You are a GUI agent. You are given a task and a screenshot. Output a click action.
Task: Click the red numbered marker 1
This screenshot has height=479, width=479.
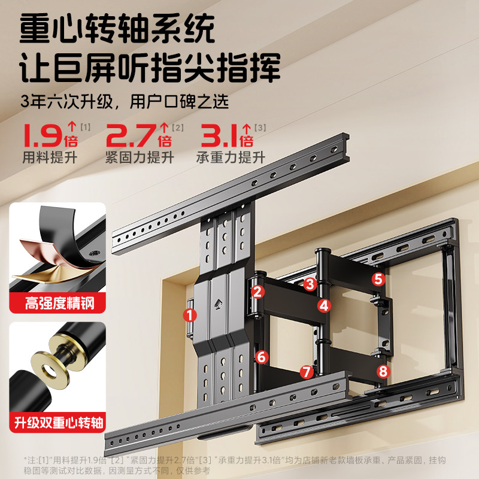click(x=190, y=315)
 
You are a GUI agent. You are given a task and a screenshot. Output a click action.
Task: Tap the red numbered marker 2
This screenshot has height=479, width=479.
click(x=257, y=292)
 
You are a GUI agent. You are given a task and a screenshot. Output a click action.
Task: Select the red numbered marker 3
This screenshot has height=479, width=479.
click(x=310, y=284)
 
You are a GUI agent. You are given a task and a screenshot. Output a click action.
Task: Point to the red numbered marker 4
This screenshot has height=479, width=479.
click(x=324, y=305)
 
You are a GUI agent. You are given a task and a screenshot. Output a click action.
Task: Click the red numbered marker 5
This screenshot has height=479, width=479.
click(x=378, y=279)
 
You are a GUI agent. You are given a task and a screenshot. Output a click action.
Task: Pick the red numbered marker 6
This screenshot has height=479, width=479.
click(x=262, y=357)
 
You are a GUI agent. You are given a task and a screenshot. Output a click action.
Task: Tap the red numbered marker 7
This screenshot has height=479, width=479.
click(x=307, y=372)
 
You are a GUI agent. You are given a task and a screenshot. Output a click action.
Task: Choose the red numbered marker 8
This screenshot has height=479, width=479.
click(x=383, y=371)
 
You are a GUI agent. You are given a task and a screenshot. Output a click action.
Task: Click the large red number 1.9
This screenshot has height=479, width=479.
click(x=43, y=135)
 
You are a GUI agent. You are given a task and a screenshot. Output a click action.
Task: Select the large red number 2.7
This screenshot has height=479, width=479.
click(x=131, y=135)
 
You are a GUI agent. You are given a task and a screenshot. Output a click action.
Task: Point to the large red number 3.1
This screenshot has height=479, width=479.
click(x=219, y=135)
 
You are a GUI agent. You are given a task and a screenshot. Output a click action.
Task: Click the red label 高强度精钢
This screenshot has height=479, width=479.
click(x=59, y=304)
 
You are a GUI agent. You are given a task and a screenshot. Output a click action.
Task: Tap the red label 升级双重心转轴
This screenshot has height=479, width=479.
click(x=59, y=423)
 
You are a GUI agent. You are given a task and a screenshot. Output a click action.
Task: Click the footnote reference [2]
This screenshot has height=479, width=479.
click(x=177, y=128)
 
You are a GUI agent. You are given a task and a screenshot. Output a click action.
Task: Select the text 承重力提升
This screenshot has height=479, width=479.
click(x=231, y=157)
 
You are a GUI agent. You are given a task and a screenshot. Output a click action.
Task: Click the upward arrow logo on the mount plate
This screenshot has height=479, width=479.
click(x=219, y=304)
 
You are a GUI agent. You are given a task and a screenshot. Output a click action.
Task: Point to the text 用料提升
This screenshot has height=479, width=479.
click(x=50, y=157)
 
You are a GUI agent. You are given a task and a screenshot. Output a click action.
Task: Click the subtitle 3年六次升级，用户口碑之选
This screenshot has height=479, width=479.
click(x=125, y=101)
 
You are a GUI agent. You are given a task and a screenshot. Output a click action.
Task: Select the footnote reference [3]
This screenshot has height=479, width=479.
click(x=260, y=128)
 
